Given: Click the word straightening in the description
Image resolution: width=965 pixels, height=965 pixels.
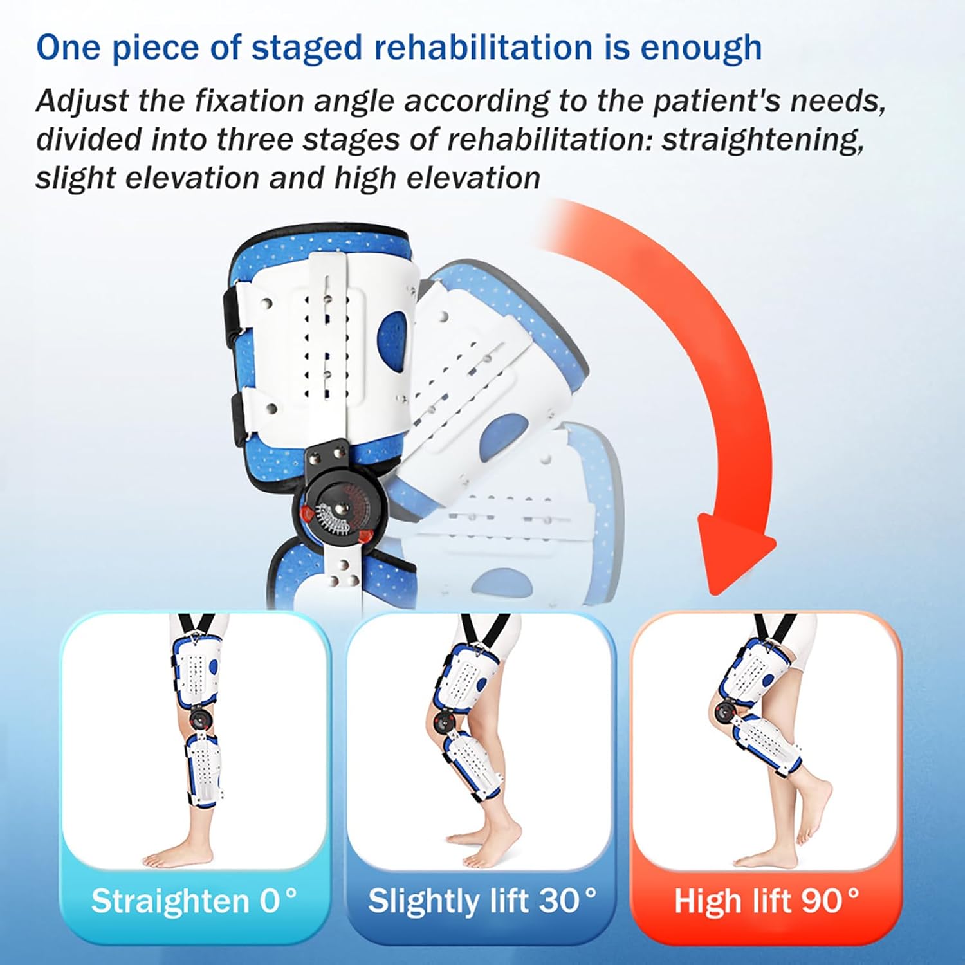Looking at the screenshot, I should (x=762, y=140).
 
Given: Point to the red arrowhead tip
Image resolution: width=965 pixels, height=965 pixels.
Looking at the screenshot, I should (x=733, y=589).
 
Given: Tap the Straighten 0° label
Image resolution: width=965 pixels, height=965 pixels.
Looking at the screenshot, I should (x=194, y=901).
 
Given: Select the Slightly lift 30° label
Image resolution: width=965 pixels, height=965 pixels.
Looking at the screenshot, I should (x=482, y=901).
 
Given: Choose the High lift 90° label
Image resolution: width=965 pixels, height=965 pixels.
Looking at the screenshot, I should (x=766, y=901).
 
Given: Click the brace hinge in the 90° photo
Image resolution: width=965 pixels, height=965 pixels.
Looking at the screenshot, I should (x=724, y=710).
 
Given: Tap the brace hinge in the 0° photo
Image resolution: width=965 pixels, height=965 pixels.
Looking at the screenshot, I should (x=199, y=718).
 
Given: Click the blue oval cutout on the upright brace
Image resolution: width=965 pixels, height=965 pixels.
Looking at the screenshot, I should (x=392, y=335).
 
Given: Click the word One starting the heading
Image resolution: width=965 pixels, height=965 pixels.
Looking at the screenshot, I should (x=68, y=49).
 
